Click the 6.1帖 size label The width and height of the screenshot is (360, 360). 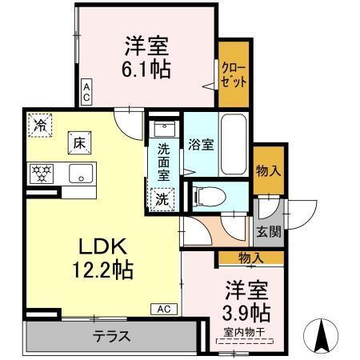tap(146, 69)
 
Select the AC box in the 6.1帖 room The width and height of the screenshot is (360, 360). tap(86, 90)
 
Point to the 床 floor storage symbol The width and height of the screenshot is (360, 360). tap(80, 142)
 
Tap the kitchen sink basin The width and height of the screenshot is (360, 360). tap(81, 172)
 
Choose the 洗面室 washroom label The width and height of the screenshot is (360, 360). tap(163, 161)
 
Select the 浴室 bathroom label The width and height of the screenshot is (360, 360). tap(200, 145)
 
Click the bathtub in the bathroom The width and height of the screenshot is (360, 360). tap(233, 144)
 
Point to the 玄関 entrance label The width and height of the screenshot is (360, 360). tap(268, 233)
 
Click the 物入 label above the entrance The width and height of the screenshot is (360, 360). tap(269, 170)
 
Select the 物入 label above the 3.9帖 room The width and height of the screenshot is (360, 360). tap(251, 257)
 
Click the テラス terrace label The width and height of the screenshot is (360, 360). tap(112, 336)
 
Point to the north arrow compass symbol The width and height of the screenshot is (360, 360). tap(324, 334)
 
